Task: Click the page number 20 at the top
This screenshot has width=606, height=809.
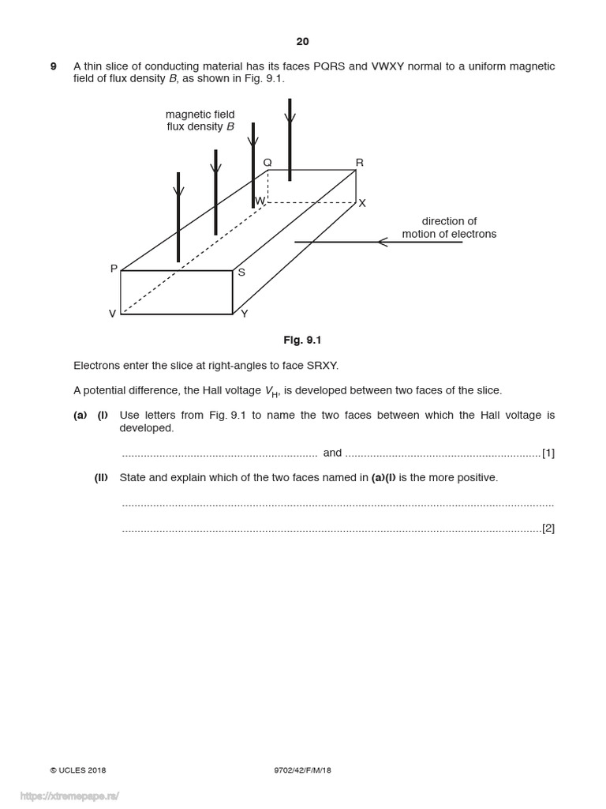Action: (x=303, y=41)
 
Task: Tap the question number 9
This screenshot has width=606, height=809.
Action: (x=54, y=66)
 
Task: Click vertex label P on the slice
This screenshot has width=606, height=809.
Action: (x=114, y=269)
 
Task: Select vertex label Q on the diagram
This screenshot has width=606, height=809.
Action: (x=267, y=163)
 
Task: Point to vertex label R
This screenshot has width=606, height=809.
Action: (x=360, y=163)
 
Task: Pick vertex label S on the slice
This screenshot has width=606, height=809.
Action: (x=241, y=273)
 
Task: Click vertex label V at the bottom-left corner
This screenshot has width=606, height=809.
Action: (x=112, y=314)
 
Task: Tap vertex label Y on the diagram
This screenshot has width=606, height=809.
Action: (x=244, y=314)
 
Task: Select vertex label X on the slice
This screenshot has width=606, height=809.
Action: (x=362, y=203)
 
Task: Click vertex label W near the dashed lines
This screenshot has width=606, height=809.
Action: (x=260, y=201)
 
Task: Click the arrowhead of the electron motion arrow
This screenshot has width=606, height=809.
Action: (x=383, y=242)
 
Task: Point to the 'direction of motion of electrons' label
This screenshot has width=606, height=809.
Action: (x=449, y=228)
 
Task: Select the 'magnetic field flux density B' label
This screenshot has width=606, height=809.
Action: (x=200, y=120)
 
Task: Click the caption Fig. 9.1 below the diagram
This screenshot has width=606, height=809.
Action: (x=303, y=341)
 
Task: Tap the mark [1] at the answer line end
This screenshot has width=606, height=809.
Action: (x=548, y=453)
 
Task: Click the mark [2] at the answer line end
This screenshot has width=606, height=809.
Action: (x=548, y=528)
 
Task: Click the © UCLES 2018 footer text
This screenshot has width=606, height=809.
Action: (x=78, y=770)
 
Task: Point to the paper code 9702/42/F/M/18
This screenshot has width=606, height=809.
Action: (x=297, y=770)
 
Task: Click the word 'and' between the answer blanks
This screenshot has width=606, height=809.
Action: (x=332, y=453)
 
